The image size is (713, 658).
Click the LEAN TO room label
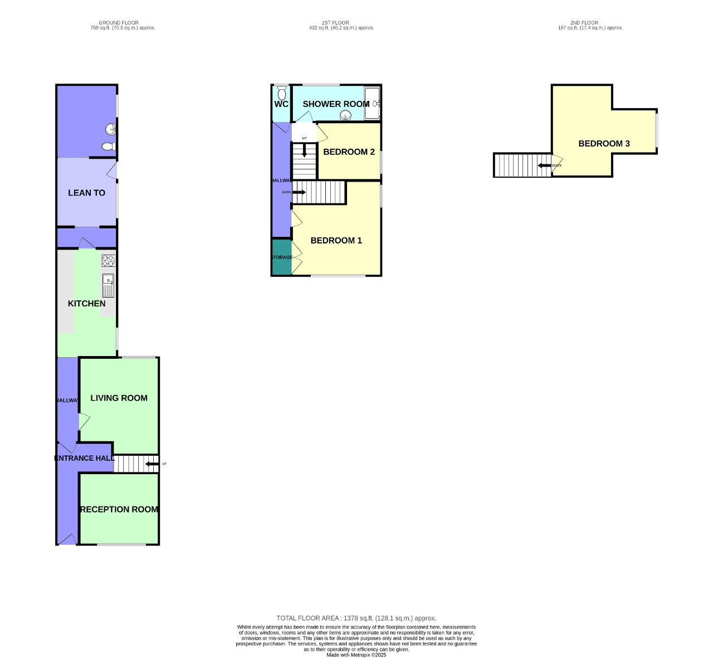pyautogui.click(x=86, y=193)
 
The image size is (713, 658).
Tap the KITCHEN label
pyautogui.click(x=86, y=304)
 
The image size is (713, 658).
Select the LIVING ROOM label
pyautogui.click(x=119, y=398)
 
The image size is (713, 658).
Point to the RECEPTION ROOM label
pyautogui.click(x=119, y=509)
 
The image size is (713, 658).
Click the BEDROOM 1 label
pyautogui.click(x=336, y=241)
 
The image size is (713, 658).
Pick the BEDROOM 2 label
pyautogui.click(x=349, y=152)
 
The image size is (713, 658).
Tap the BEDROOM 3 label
pyautogui.click(x=604, y=144)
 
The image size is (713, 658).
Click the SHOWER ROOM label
pyautogui.click(x=335, y=104)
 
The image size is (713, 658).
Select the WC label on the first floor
pyautogui.click(x=281, y=104)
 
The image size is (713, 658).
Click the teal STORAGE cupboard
pyautogui.click(x=281, y=257)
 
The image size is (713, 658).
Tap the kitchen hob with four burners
pyautogui.click(x=108, y=261)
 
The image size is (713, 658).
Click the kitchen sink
pyautogui.click(x=108, y=285)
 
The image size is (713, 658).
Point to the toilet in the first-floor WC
pyautogui.click(x=281, y=91)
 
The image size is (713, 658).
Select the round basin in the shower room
pyautogui.click(x=346, y=115)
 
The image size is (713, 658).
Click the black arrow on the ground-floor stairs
pyautogui.click(x=151, y=464)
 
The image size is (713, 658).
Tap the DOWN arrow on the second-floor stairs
pyautogui.click(x=544, y=165)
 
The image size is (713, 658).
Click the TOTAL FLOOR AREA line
pyautogui.click(x=356, y=618)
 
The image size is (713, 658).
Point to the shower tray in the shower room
pyautogui.click(x=372, y=103)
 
